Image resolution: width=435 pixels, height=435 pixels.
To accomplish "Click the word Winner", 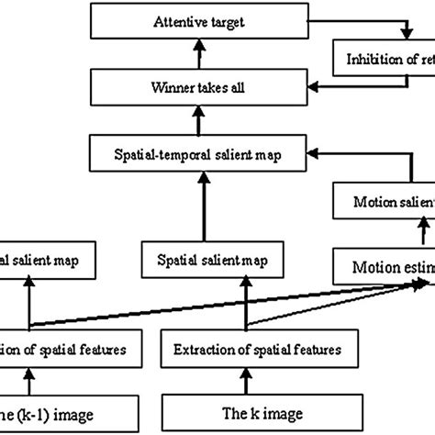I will click(168, 89).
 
